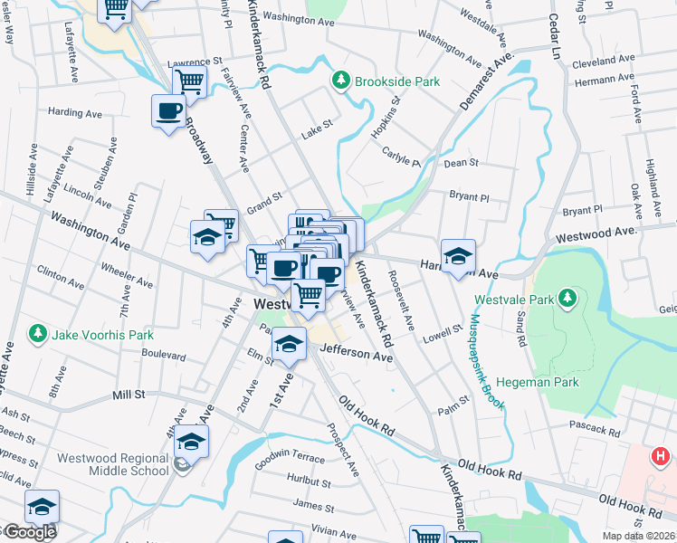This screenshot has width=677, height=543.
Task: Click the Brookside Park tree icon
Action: (x=340, y=81)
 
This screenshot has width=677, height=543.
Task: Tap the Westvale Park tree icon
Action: (x=567, y=298)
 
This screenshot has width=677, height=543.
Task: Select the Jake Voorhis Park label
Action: (x=102, y=335)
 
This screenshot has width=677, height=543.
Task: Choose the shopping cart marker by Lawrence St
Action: (x=190, y=81)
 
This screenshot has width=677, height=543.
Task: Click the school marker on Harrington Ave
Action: (x=459, y=256)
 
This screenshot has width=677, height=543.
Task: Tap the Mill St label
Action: (x=129, y=395)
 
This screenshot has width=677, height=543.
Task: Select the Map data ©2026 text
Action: (x=639, y=536)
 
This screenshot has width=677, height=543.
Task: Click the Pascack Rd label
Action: (x=593, y=424)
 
